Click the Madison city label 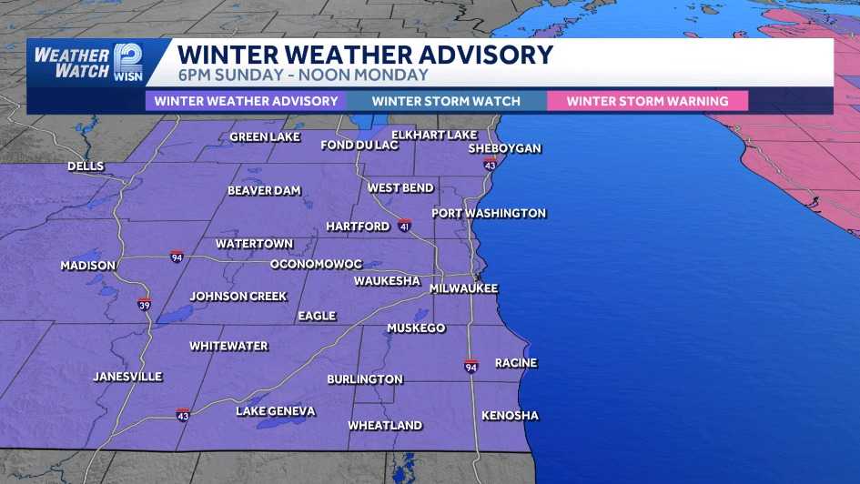coord(88,266)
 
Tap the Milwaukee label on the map coord(464,288)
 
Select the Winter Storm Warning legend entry coord(647,101)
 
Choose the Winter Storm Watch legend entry coord(446,101)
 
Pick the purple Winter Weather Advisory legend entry coord(246,101)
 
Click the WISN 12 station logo coord(127,62)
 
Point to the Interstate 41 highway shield coord(404,225)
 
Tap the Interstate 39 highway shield coord(144,304)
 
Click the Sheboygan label coord(504,148)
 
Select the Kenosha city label coord(510,416)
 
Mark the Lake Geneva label coord(276,411)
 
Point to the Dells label coord(86,166)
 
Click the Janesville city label coord(127,376)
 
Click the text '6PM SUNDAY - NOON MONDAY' coord(303,76)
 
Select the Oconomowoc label coord(316,264)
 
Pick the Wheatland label coord(385,425)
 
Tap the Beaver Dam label coord(264,191)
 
